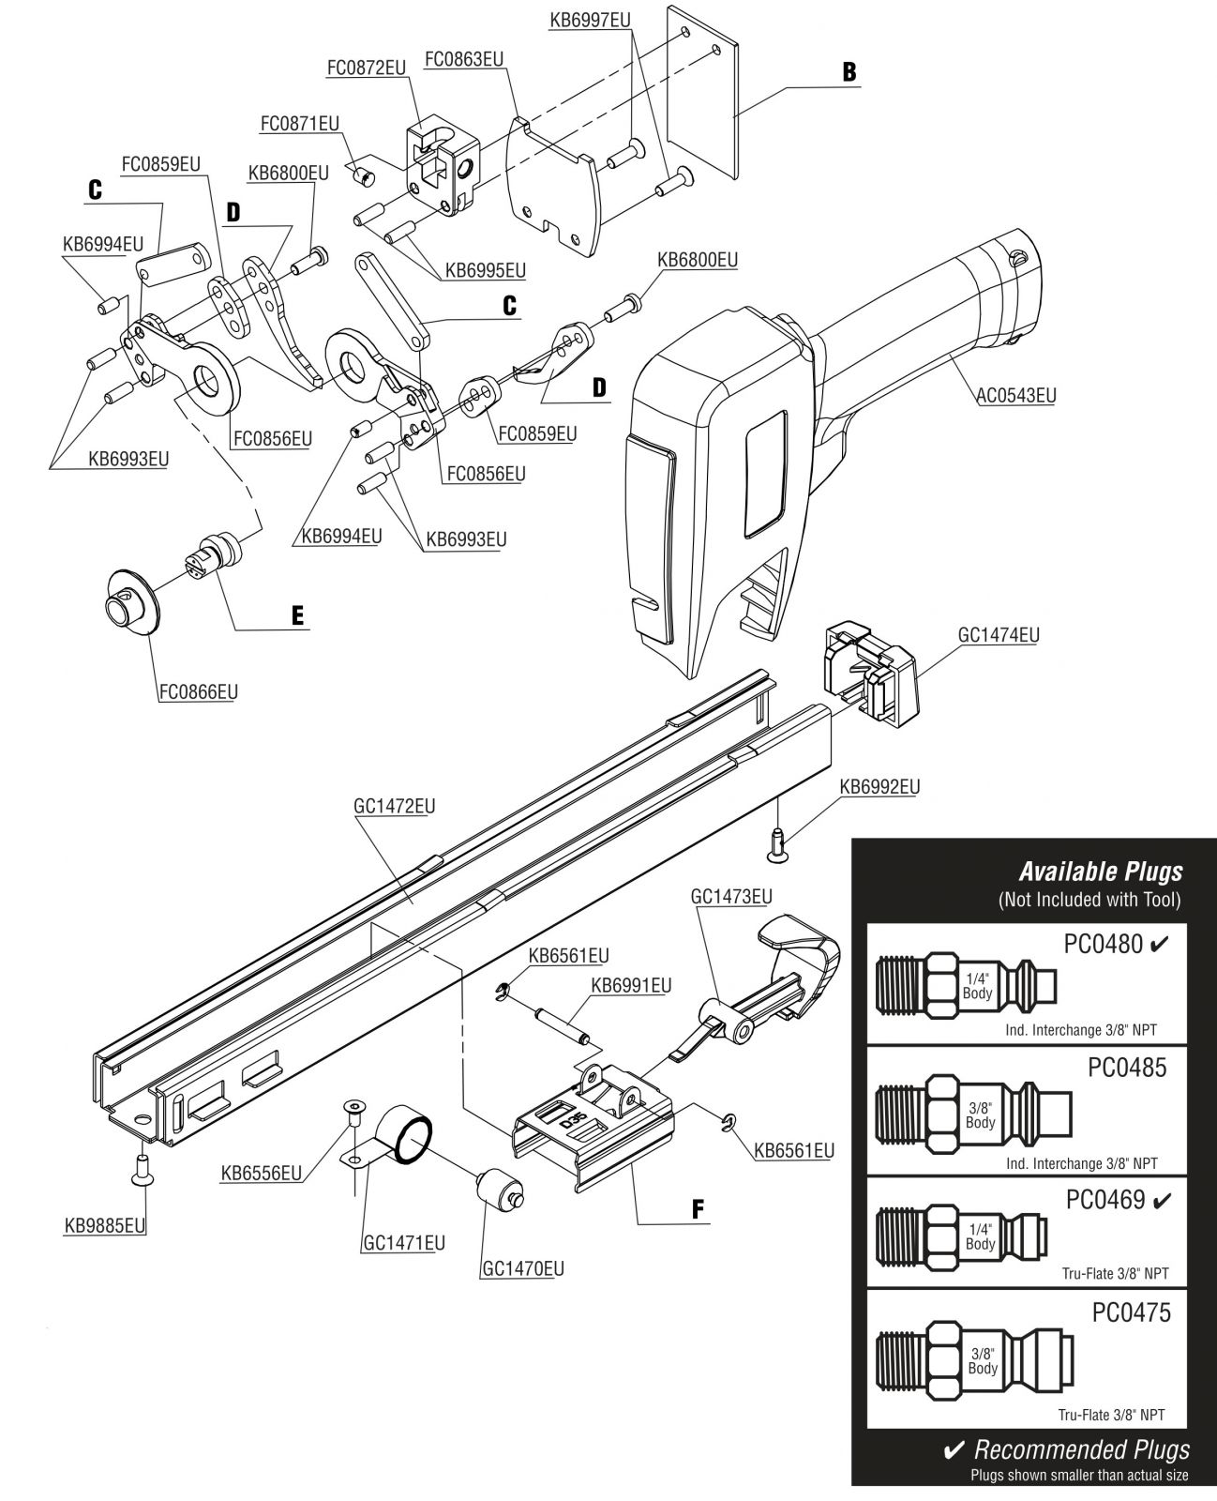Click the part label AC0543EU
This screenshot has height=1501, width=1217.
[1016, 395]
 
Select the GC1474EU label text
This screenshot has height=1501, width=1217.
[999, 635]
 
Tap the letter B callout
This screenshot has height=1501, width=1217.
[849, 72]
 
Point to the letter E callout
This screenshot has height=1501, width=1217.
[297, 614]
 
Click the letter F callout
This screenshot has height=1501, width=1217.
[697, 1209]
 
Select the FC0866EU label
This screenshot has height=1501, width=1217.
[198, 691]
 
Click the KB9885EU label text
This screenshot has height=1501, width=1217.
[104, 1225]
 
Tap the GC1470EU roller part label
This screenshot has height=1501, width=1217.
[523, 1268]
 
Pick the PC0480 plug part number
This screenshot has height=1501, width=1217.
[1103, 944]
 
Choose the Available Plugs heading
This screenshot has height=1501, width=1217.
[1101, 871]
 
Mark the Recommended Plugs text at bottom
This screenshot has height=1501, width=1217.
[1081, 1449]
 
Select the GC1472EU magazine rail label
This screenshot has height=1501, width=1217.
[394, 806]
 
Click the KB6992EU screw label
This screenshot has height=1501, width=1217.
[879, 786]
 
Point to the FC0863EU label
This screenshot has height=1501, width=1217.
[464, 59]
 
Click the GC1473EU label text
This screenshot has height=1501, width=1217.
[731, 896]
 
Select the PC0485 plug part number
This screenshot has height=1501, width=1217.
[1127, 1067]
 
